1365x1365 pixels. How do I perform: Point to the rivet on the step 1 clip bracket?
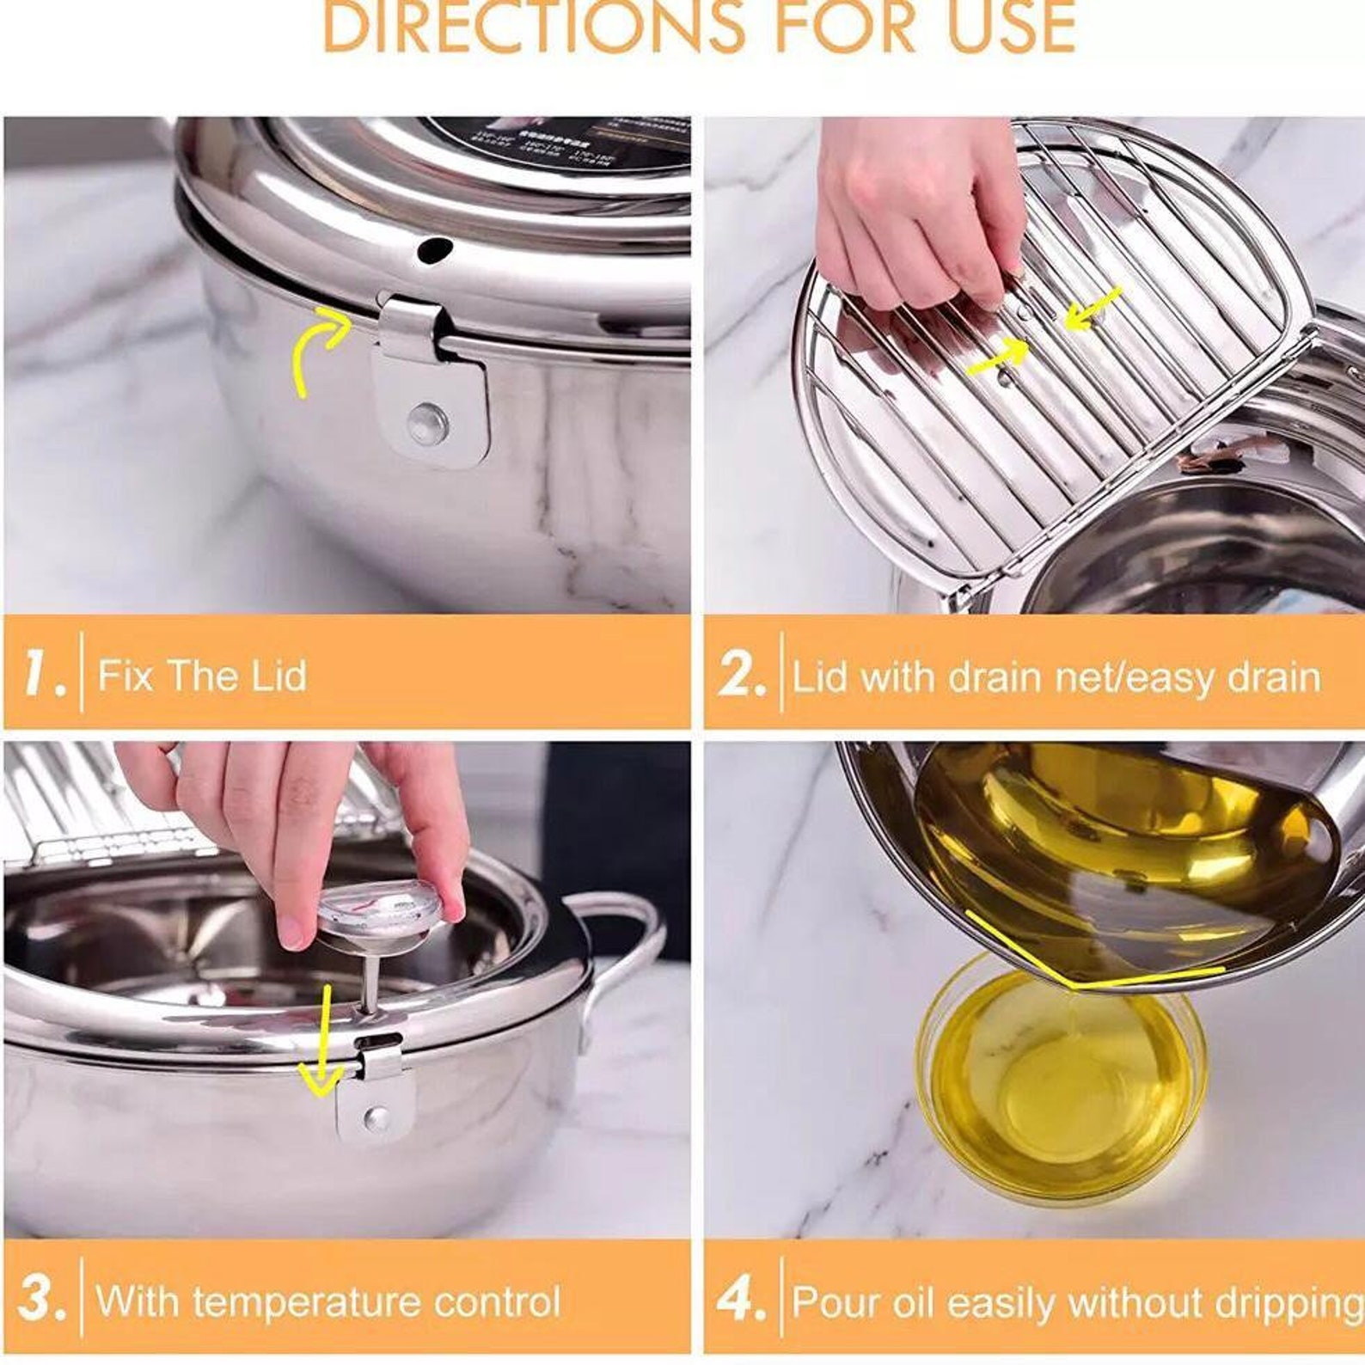[x=427, y=422]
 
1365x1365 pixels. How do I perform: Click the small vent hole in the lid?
[x=433, y=250]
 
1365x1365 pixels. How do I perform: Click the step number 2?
[x=742, y=675]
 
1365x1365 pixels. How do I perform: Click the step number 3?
[x=41, y=1299]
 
